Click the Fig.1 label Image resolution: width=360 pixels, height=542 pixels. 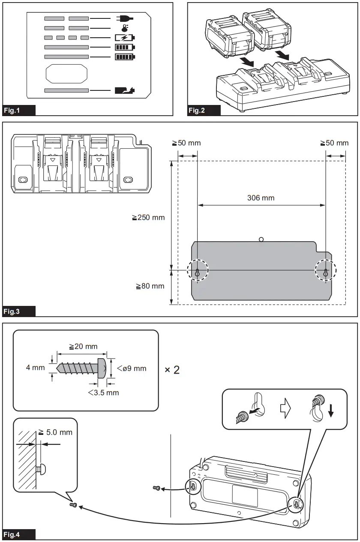[x=19, y=111]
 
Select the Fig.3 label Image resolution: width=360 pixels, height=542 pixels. [x=19, y=311]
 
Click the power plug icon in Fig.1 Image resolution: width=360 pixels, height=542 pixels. [x=124, y=18]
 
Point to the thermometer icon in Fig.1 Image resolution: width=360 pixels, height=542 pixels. [x=125, y=27]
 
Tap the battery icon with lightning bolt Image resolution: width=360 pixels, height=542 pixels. [x=124, y=37]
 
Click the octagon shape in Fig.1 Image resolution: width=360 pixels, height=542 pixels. [x=66, y=73]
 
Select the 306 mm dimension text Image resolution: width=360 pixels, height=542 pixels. [x=261, y=198]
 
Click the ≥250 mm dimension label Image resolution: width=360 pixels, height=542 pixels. [x=148, y=217]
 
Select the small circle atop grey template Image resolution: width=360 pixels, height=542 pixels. [x=261, y=239]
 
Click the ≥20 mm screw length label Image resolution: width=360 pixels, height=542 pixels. [x=83, y=346]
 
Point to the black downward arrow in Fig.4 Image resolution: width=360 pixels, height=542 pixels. [x=331, y=411]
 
